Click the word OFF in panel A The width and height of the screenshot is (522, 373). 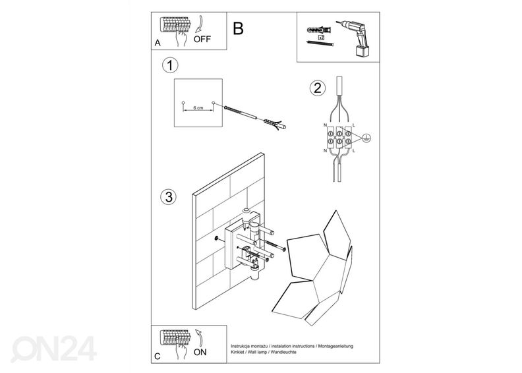pos(202,39)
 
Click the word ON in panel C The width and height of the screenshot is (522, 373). pos(201,352)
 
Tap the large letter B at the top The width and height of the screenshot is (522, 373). pos(238,28)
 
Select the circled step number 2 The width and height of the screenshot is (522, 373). pos(317,88)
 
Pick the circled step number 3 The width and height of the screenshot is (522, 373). pos(169,197)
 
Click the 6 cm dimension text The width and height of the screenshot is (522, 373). pos(198,105)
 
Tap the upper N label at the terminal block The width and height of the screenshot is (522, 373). pos(325,124)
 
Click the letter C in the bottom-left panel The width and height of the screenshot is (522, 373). pos(156,357)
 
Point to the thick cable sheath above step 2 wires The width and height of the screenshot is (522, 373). pos(339,88)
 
